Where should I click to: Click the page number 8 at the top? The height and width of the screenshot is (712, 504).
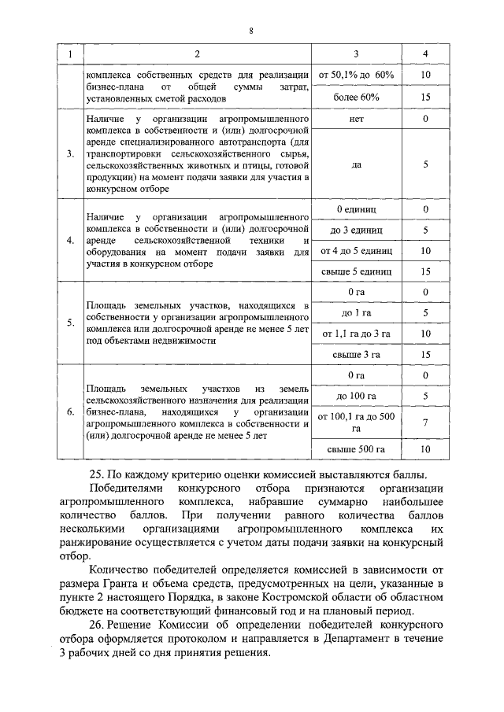250,31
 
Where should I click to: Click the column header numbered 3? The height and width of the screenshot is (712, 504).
356,54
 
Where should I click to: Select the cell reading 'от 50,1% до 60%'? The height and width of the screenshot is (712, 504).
356,74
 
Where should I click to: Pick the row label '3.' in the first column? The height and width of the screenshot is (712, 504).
69,153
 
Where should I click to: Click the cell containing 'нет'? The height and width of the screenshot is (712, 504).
356,120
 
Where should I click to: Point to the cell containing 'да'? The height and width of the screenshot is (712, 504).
356,165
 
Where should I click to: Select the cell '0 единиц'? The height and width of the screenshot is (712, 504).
356,210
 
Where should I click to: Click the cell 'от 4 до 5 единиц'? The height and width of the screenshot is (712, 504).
356,251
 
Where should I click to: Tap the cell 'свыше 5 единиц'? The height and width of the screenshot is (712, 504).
356,271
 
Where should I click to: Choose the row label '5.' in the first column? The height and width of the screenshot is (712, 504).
69,323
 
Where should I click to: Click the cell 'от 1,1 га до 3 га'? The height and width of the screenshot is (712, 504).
356,334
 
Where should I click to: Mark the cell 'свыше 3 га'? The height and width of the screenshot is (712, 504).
356,354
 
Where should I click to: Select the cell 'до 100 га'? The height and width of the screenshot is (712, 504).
356,396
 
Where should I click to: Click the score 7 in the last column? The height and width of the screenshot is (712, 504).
425,422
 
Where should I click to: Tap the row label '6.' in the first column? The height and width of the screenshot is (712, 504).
69,411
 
